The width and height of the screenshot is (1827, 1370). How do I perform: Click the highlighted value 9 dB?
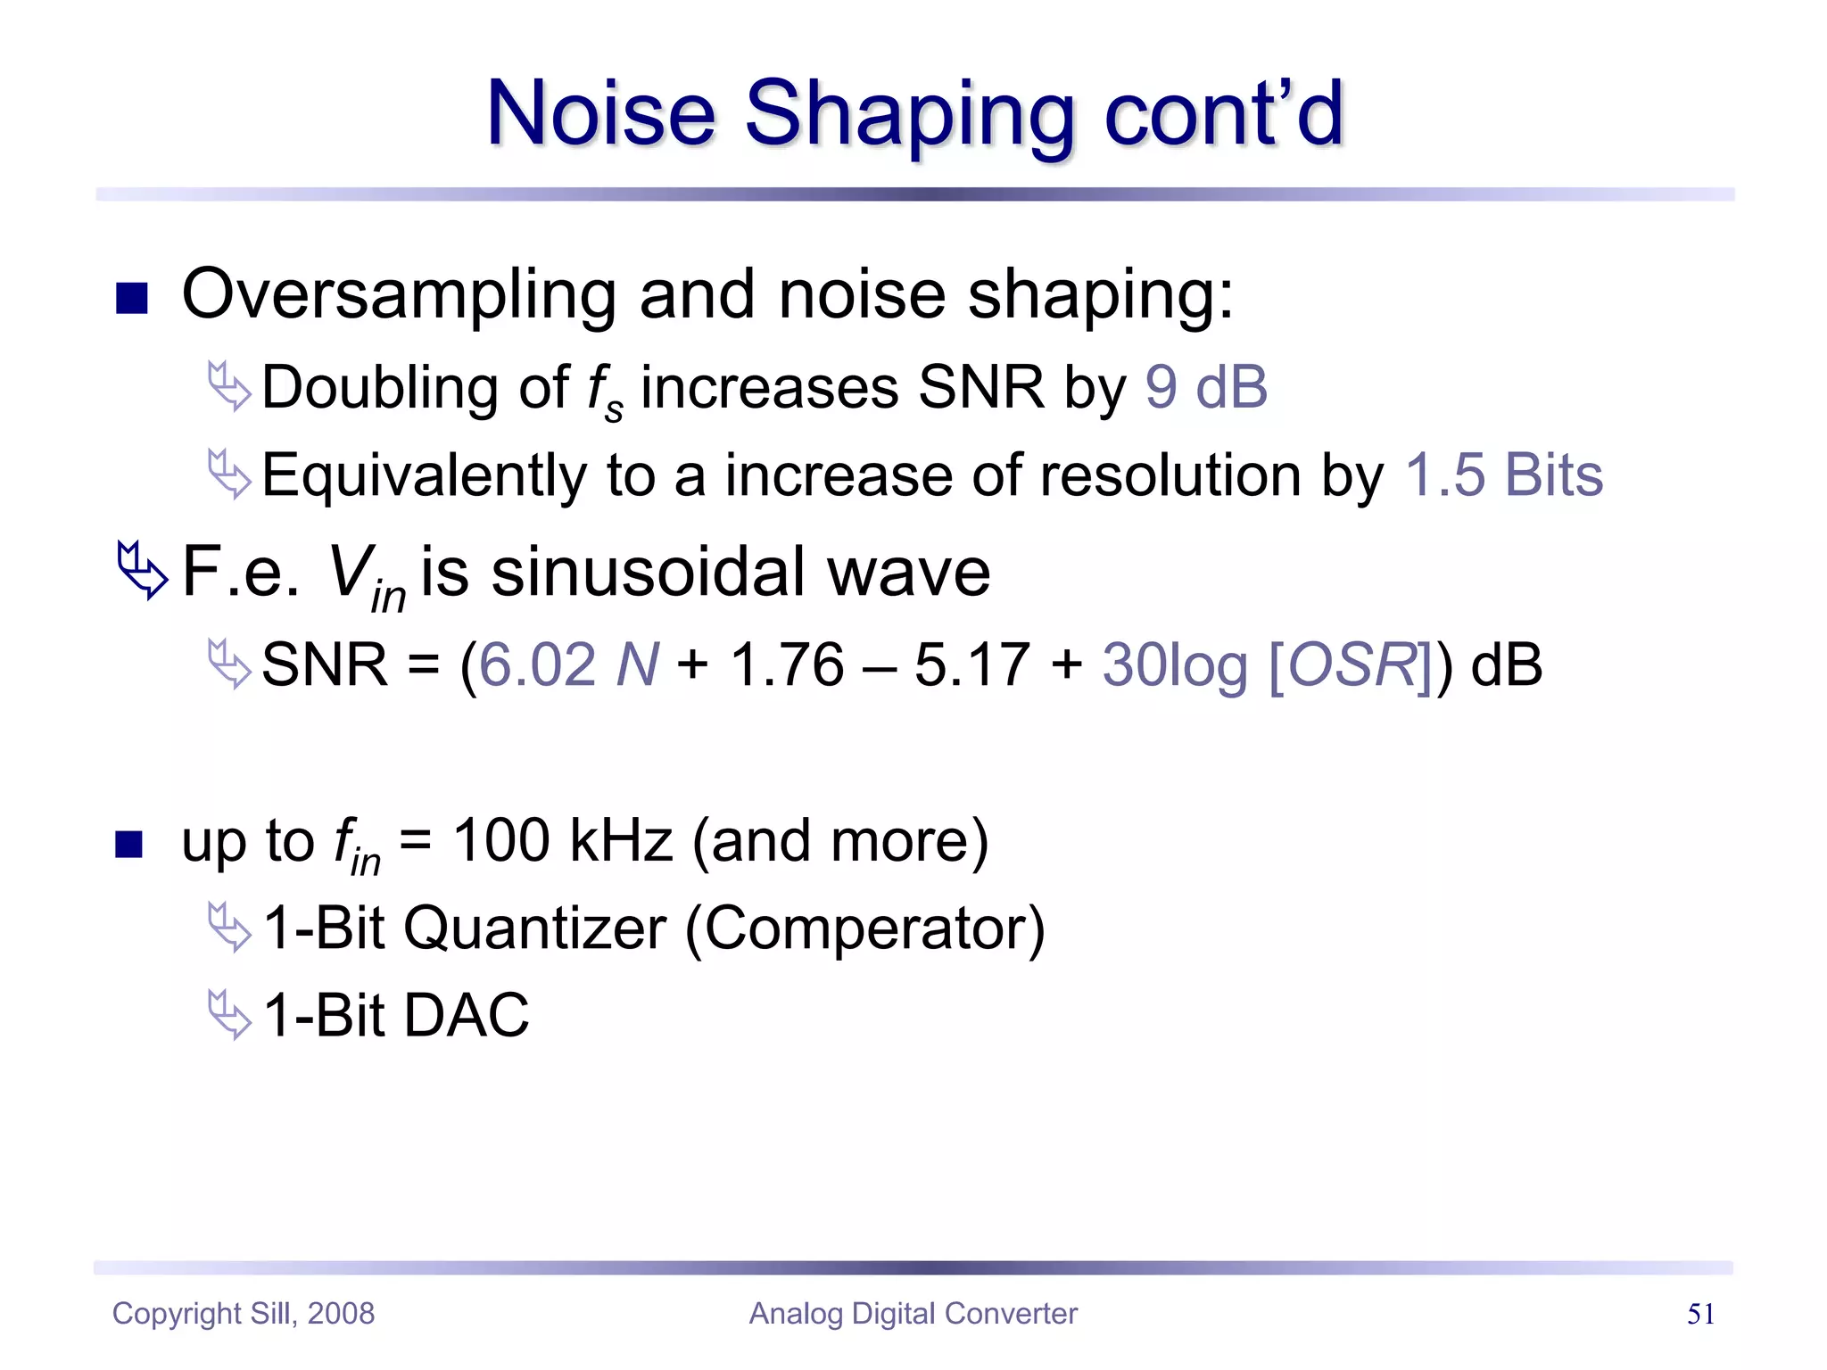point(1205,387)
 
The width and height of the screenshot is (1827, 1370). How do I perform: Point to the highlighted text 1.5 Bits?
point(1503,475)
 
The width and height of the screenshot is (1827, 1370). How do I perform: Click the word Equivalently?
point(424,476)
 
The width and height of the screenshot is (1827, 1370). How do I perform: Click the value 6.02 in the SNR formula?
point(537,664)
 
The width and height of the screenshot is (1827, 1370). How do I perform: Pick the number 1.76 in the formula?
point(787,664)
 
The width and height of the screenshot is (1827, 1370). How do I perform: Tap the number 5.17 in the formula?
point(971,664)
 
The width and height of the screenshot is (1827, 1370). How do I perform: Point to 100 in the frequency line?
point(501,840)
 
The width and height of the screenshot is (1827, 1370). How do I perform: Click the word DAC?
point(467,1016)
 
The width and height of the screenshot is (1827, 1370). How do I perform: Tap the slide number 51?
point(1700,1314)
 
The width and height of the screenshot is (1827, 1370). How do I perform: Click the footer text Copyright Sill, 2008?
point(243,1314)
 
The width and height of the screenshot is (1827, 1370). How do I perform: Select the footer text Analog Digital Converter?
point(913,1314)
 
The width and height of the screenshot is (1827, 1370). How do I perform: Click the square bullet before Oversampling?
point(131,299)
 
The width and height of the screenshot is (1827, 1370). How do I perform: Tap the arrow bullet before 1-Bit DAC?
point(229,1014)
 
